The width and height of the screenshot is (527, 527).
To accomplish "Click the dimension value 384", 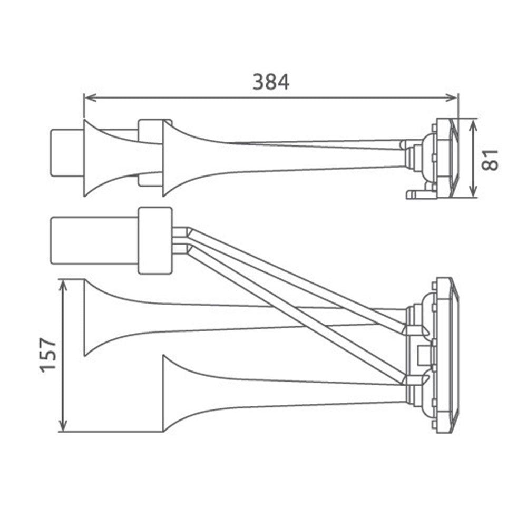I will pos(270,82).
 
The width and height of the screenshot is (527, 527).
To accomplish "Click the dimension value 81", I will pos(490,159).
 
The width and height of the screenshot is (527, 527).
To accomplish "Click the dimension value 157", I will pos(48,355).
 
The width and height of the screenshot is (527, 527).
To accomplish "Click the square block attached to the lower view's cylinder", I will pos(155,240).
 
